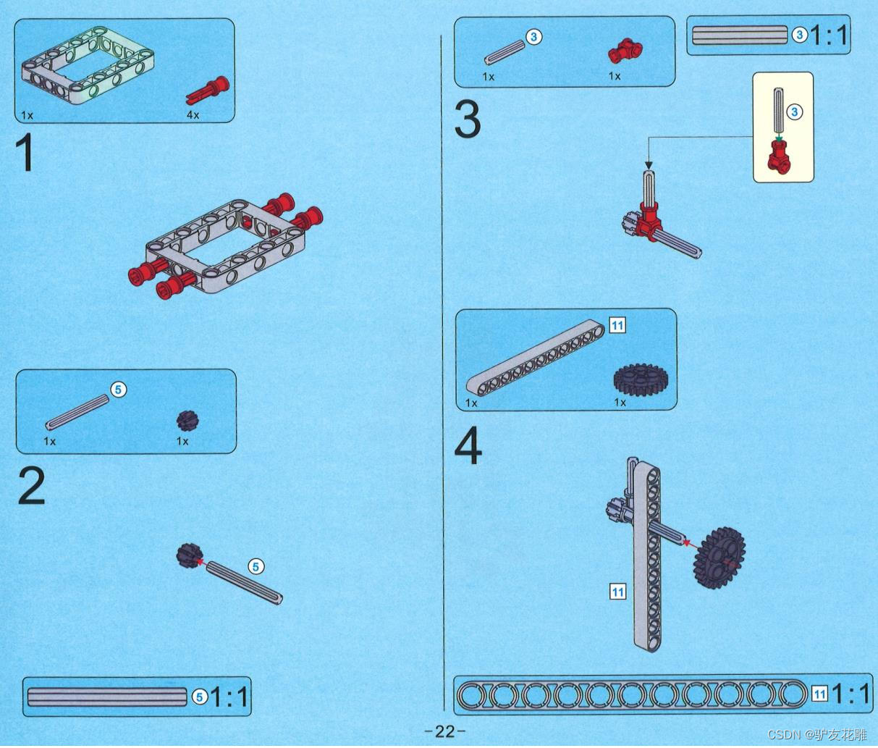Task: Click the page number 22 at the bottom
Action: [444, 731]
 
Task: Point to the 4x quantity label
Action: [193, 115]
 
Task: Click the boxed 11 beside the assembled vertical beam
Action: [617, 592]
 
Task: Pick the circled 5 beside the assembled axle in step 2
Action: [256, 566]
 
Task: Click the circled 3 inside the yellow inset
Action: [795, 112]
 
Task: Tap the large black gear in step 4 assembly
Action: [719, 556]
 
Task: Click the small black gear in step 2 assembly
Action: [187, 555]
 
